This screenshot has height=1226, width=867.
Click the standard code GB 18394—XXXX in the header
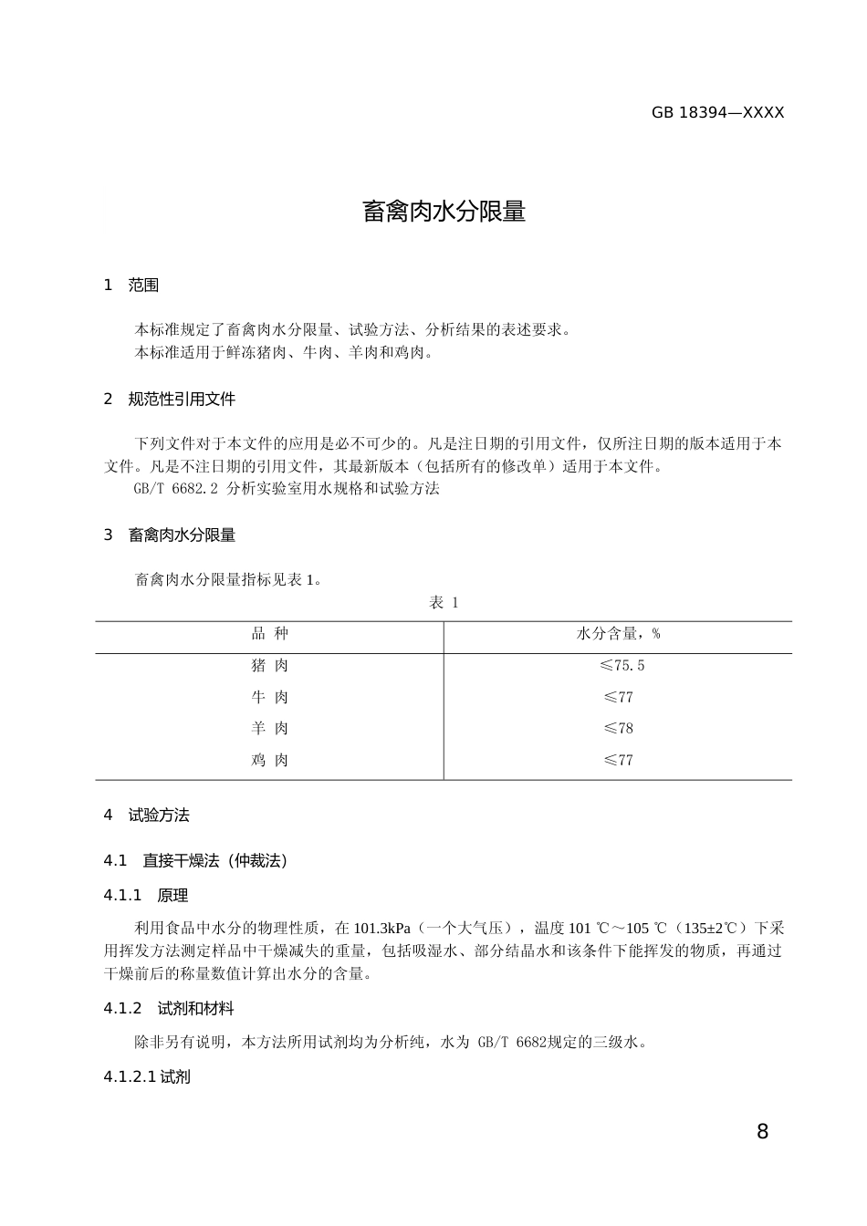click(717, 113)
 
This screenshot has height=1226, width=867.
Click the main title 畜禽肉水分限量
click(444, 212)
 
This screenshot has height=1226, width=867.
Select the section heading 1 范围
click(131, 286)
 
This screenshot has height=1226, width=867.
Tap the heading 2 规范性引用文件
click(170, 400)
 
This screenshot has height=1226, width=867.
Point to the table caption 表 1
click(444, 603)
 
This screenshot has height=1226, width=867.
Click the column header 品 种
click(269, 634)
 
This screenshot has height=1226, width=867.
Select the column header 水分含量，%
click(618, 634)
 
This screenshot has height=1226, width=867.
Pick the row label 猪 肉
click(269, 666)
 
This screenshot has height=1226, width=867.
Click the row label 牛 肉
click(269, 698)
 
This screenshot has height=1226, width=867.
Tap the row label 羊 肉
click(269, 729)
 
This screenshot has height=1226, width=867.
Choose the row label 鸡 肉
click(269, 760)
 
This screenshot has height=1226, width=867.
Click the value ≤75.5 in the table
click(622, 666)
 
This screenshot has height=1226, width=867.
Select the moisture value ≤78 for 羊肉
click(618, 729)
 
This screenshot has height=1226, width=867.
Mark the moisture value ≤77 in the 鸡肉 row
click(618, 760)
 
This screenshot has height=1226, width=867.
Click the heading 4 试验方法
click(147, 816)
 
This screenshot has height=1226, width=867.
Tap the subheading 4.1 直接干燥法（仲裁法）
click(196, 861)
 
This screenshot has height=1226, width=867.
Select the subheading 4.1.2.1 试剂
click(147, 1077)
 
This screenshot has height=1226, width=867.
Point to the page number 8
click(762, 1132)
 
